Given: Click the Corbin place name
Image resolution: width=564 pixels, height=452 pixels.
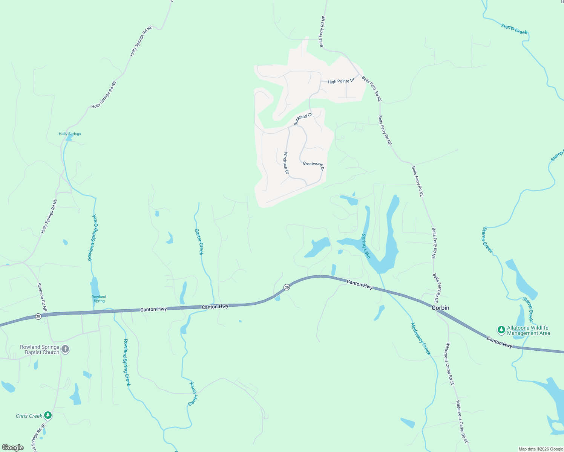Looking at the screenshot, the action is [440, 308].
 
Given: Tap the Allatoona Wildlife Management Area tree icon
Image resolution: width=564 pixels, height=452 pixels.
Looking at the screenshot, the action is [501, 330].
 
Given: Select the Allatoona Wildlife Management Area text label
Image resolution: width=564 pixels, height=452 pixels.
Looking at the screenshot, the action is [528, 330].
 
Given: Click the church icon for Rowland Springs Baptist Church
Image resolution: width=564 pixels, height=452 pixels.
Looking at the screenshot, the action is [65, 349].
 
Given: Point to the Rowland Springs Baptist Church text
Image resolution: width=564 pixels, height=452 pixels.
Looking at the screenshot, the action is [40, 350].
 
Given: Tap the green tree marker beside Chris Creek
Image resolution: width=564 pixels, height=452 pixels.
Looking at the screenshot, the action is [48, 415].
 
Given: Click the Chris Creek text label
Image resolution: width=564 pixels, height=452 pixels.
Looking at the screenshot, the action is [29, 416].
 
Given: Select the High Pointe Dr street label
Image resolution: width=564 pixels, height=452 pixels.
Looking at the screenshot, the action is [341, 81].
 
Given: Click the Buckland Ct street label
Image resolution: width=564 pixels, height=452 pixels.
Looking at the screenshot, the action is [303, 119].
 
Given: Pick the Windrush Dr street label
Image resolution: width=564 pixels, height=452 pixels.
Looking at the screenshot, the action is [286, 163].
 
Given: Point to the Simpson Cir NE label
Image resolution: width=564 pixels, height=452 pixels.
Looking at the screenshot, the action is [42, 297].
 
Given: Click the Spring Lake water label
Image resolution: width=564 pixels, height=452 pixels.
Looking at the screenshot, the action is [366, 246].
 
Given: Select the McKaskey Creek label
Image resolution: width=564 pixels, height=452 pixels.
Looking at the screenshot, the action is [420, 339].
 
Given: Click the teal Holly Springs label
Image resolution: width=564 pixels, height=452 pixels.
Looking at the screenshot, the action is [70, 134].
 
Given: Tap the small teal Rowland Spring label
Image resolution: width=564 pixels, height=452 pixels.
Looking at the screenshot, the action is [99, 299].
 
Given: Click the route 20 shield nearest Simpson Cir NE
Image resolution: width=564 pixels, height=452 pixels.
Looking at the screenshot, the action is [38, 316].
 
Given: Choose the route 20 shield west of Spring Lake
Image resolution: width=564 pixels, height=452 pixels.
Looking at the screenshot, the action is [287, 287].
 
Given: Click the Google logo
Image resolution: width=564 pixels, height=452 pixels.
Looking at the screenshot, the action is [13, 447].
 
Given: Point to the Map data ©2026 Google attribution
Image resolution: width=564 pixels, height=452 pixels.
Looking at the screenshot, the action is [540, 449].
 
